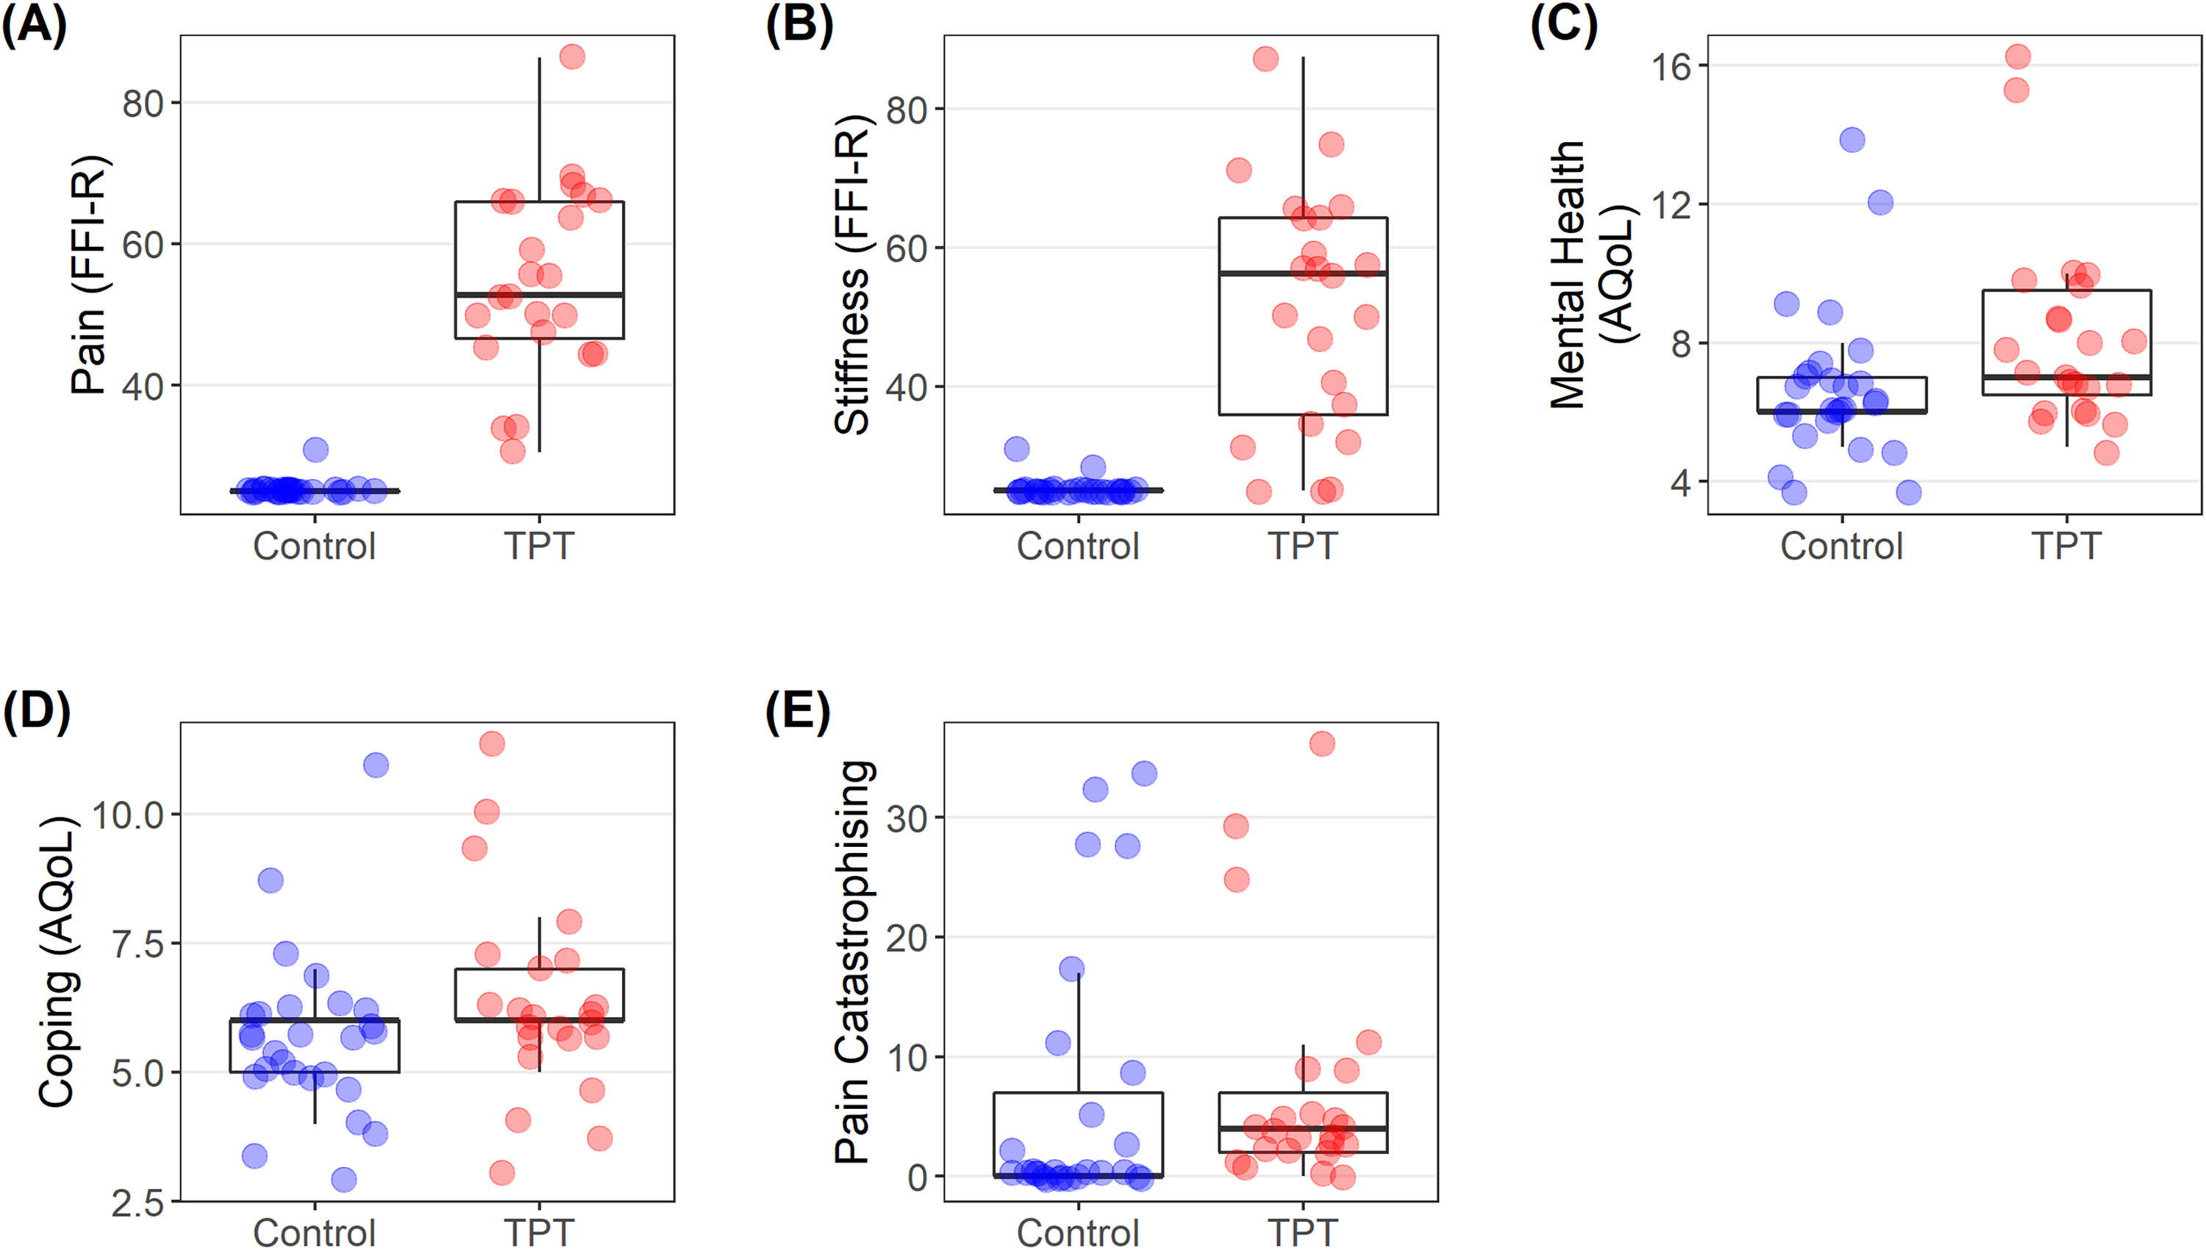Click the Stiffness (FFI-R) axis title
[x=852, y=275]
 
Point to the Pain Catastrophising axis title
[x=854, y=962]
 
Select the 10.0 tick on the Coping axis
[x=127, y=815]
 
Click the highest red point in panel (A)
[x=571, y=57]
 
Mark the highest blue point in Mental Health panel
[x=1852, y=140]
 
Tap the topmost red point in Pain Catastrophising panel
[x=1322, y=743]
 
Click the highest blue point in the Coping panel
[x=375, y=765]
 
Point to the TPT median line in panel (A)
[x=539, y=294]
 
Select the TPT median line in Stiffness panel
[x=1302, y=273]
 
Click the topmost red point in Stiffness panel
[x=1266, y=60]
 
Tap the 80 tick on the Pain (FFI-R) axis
[x=142, y=104]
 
